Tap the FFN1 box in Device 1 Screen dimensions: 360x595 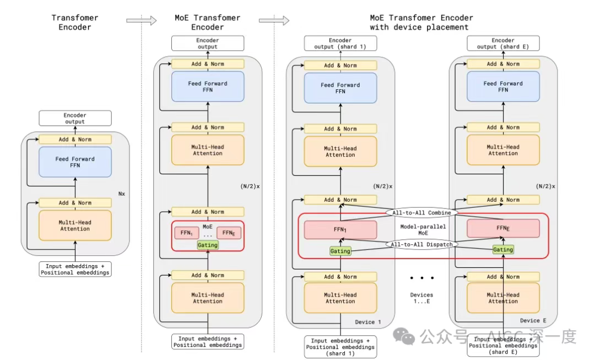click(340, 229)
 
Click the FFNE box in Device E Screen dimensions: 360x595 click(502, 228)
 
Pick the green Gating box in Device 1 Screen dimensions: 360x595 click(340, 251)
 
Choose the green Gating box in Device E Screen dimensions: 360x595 click(502, 250)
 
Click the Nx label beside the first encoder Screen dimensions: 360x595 click(122, 194)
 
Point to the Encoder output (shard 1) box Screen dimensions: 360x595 click(340, 44)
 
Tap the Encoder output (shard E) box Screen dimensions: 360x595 click(502, 44)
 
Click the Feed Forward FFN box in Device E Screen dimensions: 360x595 click(502, 87)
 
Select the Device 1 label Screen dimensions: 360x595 click(368, 321)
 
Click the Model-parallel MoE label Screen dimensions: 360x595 click(421, 230)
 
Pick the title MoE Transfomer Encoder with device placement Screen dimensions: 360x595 click(421, 22)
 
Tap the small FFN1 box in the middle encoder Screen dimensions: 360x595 click(186, 233)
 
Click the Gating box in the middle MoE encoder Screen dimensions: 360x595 click(208, 244)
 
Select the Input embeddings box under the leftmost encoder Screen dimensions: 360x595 click(75, 269)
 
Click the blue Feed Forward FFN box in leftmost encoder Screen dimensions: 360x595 click(75, 162)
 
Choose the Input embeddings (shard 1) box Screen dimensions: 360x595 click(340, 347)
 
